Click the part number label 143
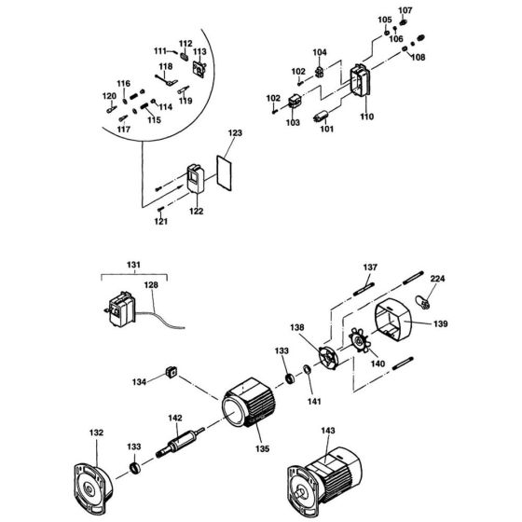coord(327,431)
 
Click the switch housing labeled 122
coord(197,178)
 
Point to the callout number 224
coord(437,277)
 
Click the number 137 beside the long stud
coord(371,268)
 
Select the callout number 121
coord(161,223)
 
